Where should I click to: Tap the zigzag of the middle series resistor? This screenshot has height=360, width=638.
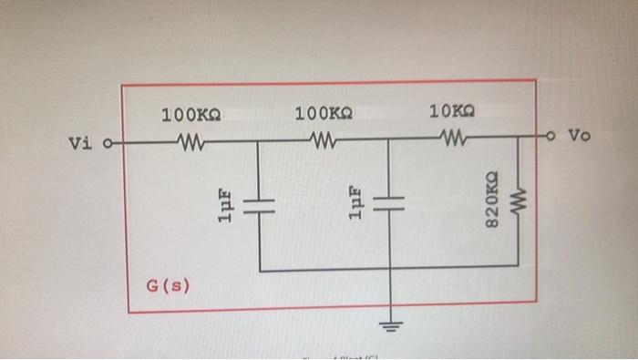pyautogui.click(x=324, y=140)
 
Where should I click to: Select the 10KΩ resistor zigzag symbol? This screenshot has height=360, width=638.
pyautogui.click(x=452, y=139)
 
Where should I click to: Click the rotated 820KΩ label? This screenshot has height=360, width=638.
pyautogui.click(x=491, y=200)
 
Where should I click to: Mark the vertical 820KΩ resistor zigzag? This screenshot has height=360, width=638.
pyautogui.click(x=519, y=201)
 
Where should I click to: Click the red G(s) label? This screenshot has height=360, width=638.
pyautogui.click(x=169, y=286)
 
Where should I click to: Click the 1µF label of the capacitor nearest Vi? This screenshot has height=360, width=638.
pyautogui.click(x=226, y=206)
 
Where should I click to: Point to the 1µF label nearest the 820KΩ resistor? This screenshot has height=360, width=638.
pyautogui.click(x=357, y=203)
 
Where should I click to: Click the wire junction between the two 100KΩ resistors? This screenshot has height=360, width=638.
pyautogui.click(x=259, y=141)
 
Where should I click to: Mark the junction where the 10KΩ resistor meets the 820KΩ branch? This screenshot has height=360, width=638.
pyautogui.click(x=519, y=139)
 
